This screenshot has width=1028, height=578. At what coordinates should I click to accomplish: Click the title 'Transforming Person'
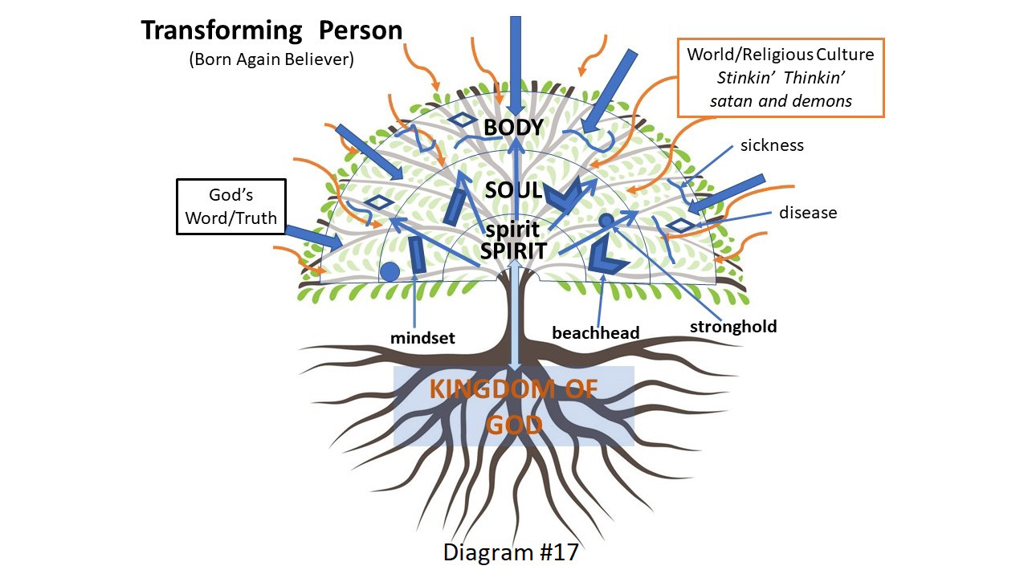click(271, 31)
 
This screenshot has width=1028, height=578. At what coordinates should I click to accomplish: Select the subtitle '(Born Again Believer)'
click(271, 60)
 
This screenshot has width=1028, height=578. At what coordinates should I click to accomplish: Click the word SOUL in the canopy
click(514, 191)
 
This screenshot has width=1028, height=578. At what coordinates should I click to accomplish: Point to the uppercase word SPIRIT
click(513, 250)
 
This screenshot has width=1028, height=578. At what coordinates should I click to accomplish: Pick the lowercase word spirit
click(512, 230)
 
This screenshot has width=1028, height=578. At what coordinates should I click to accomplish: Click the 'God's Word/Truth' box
click(231, 206)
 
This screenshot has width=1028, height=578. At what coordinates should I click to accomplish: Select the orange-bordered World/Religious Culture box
click(781, 78)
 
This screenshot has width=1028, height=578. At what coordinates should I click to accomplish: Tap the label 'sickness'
click(772, 145)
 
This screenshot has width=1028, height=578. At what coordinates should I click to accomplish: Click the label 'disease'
click(808, 213)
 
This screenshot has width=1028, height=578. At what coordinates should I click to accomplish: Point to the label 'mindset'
click(422, 339)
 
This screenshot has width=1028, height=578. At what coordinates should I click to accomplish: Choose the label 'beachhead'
click(596, 332)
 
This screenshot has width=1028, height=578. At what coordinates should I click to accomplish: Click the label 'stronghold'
click(733, 327)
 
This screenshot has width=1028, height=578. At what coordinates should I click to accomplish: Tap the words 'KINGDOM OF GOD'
click(514, 406)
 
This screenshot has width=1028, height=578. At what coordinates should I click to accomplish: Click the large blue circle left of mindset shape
click(390, 271)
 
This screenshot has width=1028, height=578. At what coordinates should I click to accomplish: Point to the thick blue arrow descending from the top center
click(516, 64)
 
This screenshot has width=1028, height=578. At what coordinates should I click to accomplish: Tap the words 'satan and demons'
click(781, 102)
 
